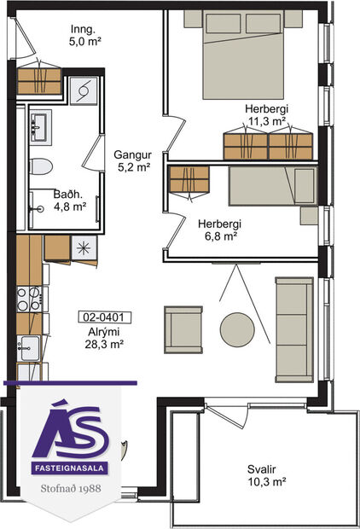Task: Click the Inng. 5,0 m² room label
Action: click(x=85, y=33)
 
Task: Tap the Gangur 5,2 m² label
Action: click(x=131, y=161)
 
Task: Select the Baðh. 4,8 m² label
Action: click(x=69, y=200)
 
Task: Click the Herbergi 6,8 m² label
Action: click(x=219, y=230)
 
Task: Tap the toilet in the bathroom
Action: click(x=44, y=166)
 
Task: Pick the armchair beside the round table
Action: click(x=183, y=328)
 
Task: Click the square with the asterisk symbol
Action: click(x=84, y=247)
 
